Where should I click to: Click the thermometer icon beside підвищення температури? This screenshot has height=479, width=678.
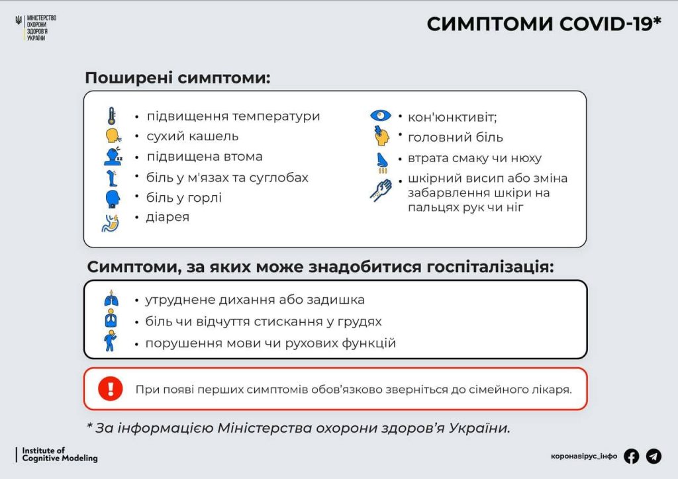click(x=111, y=116)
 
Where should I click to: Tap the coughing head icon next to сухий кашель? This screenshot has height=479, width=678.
click(x=113, y=136)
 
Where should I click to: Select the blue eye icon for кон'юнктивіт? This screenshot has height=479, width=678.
click(x=381, y=116)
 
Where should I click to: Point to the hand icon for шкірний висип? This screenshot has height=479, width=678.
click(x=381, y=190)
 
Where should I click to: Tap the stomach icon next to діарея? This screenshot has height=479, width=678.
click(x=111, y=223)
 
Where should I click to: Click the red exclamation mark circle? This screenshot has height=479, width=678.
click(x=111, y=388)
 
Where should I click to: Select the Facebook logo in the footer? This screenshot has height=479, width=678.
click(x=631, y=456)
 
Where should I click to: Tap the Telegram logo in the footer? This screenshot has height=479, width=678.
click(x=654, y=456)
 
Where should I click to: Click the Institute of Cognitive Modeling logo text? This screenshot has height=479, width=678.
click(x=60, y=455)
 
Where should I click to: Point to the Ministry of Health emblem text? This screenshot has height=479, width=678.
click(x=42, y=28)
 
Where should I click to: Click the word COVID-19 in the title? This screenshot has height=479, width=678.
click(x=610, y=24)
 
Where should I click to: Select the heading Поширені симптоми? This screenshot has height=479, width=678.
click(x=177, y=78)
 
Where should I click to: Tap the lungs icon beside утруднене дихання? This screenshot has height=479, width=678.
click(x=111, y=298)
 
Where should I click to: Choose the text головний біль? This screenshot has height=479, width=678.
click(x=456, y=138)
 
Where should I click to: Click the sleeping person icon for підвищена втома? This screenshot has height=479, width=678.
click(x=113, y=156)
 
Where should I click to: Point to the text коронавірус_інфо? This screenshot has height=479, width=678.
click(x=584, y=456)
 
